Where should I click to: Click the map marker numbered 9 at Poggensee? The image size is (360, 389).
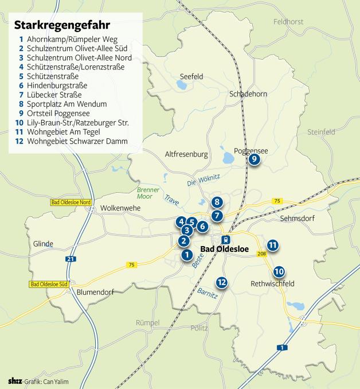tap(255, 160)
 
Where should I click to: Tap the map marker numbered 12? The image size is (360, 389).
tap(222, 282)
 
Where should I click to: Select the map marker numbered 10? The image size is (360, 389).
tap(279, 271)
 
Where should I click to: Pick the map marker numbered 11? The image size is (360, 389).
tap(273, 246)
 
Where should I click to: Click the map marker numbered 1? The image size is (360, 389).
tap(186, 255)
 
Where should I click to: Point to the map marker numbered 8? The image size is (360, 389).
tap(216, 201)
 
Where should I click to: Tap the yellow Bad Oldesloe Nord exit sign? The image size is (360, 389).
tap(71, 202)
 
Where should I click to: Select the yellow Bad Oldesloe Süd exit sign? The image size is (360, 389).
tap(49, 285)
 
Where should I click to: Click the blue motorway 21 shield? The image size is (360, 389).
tap(71, 259)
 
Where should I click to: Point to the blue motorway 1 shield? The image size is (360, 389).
tap(281, 348)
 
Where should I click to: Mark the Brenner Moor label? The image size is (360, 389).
tap(147, 193)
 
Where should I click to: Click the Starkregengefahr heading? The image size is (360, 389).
tap(62, 25)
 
